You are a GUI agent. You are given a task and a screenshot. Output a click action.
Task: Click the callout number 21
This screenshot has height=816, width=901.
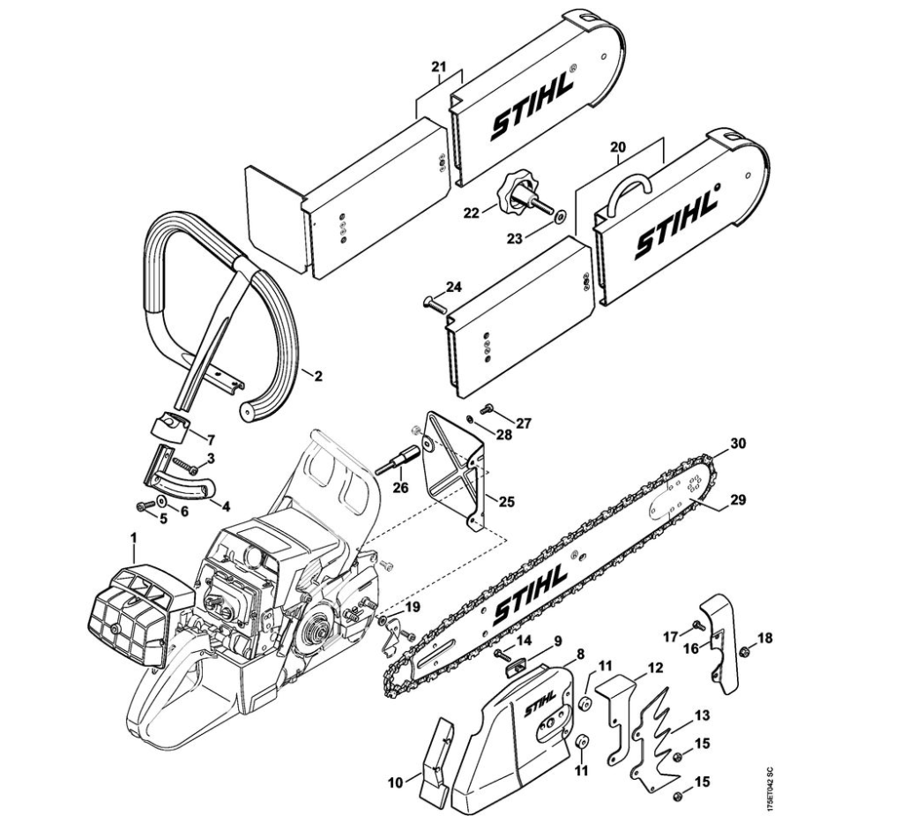click(x=439, y=67)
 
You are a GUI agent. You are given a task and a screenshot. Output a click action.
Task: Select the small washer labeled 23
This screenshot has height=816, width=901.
click(x=559, y=217)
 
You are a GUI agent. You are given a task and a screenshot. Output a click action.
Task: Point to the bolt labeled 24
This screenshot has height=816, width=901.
click(x=435, y=304)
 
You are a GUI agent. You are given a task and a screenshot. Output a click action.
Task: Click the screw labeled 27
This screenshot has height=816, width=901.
click(x=488, y=409)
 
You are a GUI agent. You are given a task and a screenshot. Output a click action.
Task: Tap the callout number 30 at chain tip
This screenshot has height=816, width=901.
click(x=738, y=444)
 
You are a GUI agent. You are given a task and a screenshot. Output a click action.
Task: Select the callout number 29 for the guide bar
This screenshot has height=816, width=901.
click(x=738, y=499)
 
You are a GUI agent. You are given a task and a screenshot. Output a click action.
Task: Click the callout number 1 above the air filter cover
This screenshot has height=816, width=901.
click(x=133, y=538)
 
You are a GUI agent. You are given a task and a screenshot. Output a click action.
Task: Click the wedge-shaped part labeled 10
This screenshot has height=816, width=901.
click(x=436, y=760)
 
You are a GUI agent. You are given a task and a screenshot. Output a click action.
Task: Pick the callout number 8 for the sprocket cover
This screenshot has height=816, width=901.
click(x=580, y=654)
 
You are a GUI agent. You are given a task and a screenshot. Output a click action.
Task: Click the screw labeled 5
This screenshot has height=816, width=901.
click(x=144, y=506)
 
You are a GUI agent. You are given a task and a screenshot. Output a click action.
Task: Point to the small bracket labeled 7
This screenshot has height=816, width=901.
click(x=169, y=429)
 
